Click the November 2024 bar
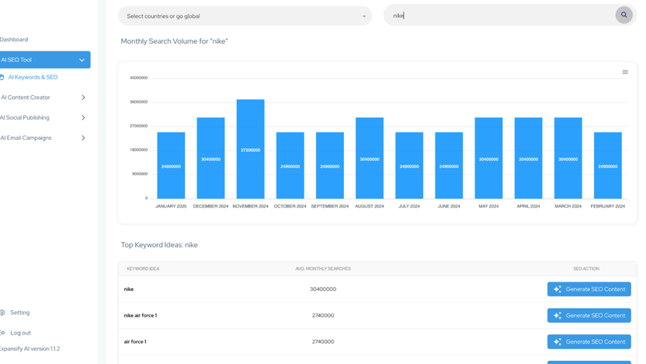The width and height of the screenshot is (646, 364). coord(250,149)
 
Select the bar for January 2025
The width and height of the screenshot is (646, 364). coord(171,166)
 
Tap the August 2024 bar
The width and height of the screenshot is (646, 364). coord(370,159)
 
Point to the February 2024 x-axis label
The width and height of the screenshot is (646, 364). coord(608,206)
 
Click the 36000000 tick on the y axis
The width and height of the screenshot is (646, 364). coord(138,102)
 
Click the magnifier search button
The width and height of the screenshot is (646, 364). coord(623,15)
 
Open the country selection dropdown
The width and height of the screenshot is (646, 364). coord(245,16)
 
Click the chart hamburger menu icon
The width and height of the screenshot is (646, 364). coord(625,72)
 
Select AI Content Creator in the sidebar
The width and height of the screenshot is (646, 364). coord(26,97)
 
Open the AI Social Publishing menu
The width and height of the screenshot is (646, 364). coord(26,117)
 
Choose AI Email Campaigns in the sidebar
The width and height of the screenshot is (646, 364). coord(26,138)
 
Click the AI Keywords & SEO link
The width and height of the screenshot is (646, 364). coord(33,77)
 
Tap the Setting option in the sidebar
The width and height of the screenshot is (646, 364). coord(19,313)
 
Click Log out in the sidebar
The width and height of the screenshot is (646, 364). coord(20,333)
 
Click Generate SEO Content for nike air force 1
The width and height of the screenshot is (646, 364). coord(589,315)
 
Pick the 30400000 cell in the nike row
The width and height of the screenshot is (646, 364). coord(323,289)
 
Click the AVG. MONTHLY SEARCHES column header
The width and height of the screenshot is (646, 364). coord(323,268)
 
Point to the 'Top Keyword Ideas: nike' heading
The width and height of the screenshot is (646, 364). coord(159,245)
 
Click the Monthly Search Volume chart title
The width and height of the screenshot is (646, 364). coord(174,41)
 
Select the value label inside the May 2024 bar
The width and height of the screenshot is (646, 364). coord(488,159)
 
